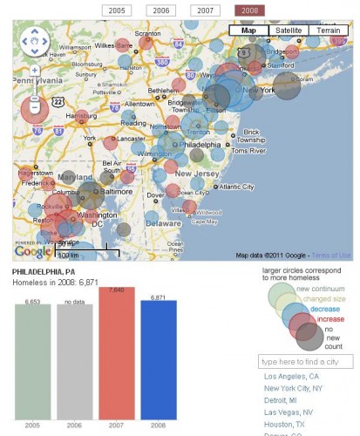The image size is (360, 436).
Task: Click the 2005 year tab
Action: pyautogui.click(x=115, y=10)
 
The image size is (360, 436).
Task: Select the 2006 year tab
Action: pyautogui.click(x=160, y=10)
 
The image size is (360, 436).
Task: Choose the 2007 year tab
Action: pyautogui.click(x=205, y=10)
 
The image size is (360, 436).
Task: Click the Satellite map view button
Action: pyautogui.click(x=288, y=31)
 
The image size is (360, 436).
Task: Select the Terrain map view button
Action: pyautogui.click(x=329, y=31)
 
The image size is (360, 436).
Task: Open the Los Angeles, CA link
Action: pyautogui.click(x=291, y=377)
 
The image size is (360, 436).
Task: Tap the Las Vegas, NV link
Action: pyautogui.click(x=289, y=411)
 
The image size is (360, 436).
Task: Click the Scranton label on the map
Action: pyautogui.click(x=146, y=34)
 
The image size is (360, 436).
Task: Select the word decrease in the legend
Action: pyautogui.click(x=325, y=309)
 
